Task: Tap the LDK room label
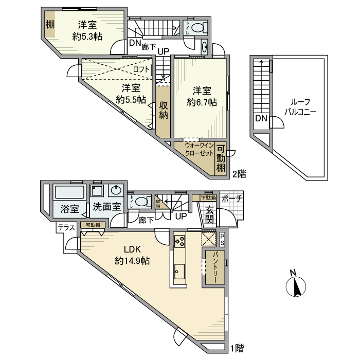(132, 250)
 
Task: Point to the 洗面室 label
(107, 208)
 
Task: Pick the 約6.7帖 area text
(202, 102)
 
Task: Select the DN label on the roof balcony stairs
(261, 119)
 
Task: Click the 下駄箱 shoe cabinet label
(208, 197)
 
